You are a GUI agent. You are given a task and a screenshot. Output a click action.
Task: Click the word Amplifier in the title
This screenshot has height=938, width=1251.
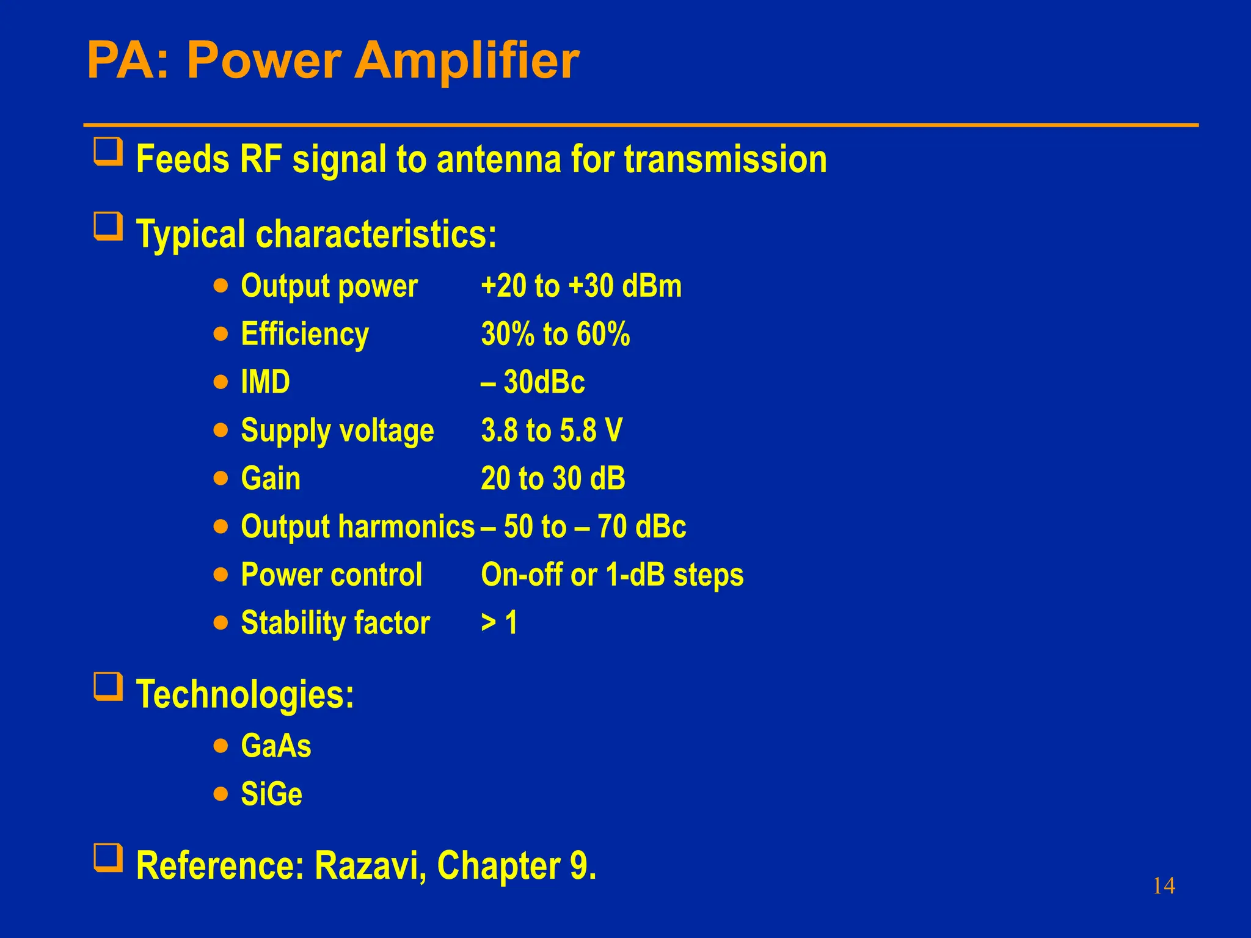467,61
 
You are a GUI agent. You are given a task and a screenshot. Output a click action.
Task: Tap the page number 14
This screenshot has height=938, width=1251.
1164,886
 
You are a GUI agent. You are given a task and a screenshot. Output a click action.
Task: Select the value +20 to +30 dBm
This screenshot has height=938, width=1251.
581,286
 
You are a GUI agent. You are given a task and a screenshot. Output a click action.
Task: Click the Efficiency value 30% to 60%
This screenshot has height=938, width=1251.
555,334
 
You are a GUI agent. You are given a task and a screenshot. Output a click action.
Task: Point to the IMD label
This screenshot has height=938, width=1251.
265,382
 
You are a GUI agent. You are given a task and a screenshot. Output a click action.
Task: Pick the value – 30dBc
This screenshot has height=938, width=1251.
533,382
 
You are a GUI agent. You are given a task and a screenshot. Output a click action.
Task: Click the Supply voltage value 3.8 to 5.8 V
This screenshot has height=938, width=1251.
552,430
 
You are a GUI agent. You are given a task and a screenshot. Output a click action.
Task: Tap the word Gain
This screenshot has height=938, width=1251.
271,478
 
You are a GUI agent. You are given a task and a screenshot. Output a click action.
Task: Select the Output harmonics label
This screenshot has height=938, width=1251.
357,526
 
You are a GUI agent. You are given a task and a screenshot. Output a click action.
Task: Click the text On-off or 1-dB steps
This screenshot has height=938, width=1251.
612,575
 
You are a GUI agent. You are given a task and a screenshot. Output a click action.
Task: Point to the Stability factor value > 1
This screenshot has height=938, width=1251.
499,623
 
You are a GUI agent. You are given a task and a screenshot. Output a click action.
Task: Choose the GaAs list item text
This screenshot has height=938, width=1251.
276,746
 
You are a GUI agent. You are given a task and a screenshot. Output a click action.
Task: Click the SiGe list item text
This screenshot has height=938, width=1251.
271,794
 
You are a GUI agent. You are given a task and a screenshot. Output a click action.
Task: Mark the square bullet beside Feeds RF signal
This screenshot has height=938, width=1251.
108,151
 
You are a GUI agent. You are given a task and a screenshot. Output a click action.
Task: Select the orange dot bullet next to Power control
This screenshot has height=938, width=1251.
221,575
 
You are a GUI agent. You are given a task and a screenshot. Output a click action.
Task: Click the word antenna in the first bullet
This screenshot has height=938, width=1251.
498,159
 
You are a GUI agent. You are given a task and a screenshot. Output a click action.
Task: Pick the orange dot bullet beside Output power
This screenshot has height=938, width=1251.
221,286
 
